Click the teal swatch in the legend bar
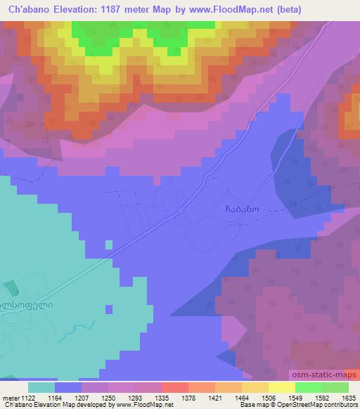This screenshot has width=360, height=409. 41,387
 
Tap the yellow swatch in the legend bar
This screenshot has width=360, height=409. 282,387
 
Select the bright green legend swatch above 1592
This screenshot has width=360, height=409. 309,387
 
